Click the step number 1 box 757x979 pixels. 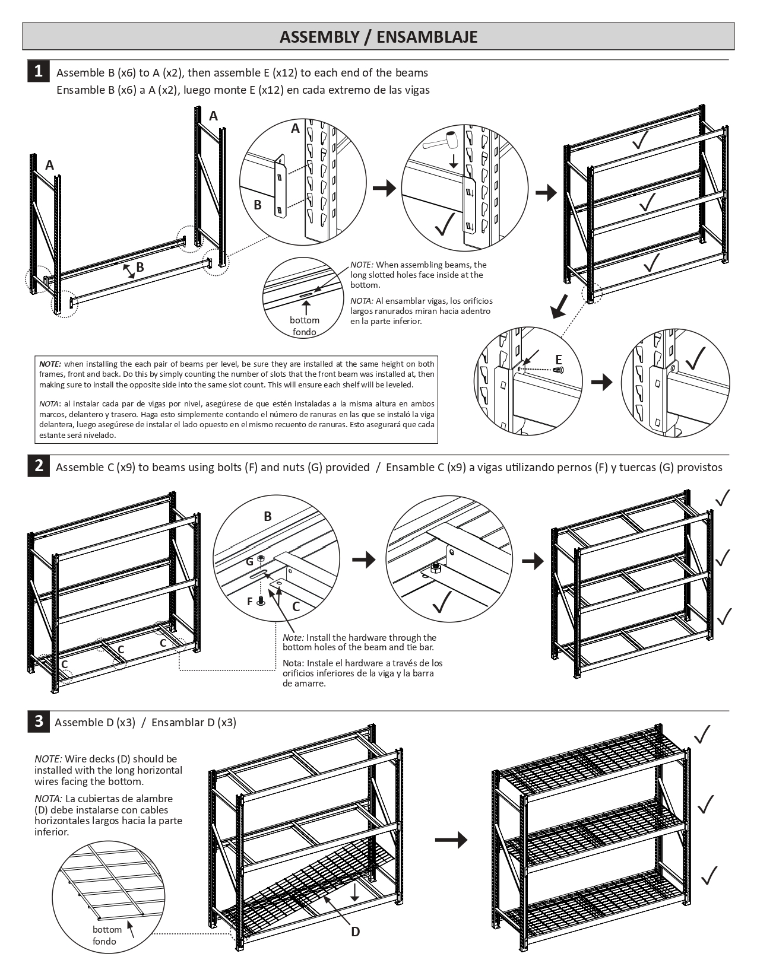(38, 71)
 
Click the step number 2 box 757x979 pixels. (38, 466)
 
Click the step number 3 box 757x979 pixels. (38, 721)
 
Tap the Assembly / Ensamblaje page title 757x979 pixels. (378, 37)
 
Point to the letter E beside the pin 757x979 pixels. (558, 360)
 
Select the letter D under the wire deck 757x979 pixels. (355, 932)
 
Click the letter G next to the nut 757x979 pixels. (249, 561)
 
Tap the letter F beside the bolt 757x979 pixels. (250, 602)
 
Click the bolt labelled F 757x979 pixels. (261, 601)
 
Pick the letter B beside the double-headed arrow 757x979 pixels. (140, 267)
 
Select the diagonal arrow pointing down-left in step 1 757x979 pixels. (559, 307)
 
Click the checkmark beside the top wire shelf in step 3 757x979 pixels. (702, 734)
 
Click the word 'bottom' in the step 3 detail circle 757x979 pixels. (107, 930)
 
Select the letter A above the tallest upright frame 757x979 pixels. (213, 116)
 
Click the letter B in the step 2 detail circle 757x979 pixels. (268, 516)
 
